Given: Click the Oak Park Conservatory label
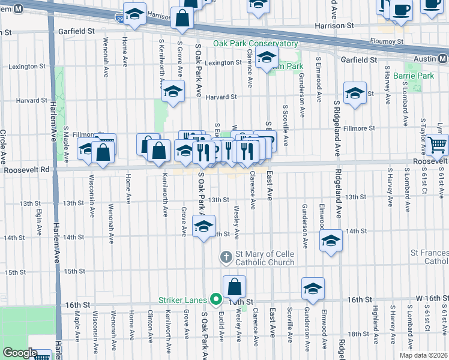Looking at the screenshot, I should pyautogui.click(x=255, y=44).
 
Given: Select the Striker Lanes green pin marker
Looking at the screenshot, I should pyautogui.click(x=215, y=300).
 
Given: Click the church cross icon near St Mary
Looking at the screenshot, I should pyautogui.click(x=226, y=257).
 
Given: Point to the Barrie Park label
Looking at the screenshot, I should pyautogui.click(x=414, y=76).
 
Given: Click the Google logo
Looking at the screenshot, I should pyautogui.click(x=19, y=353).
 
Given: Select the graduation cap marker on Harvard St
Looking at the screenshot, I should pyautogui.click(x=173, y=92).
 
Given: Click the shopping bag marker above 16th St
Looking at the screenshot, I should pyautogui.click(x=234, y=286).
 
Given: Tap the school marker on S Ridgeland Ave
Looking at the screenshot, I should pyautogui.click(x=355, y=92).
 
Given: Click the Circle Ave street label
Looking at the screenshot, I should pyautogui.click(x=3, y=147).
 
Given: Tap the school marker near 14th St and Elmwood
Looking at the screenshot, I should pyautogui.click(x=330, y=240).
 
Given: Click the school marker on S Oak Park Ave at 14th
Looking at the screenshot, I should pyautogui.click(x=203, y=226).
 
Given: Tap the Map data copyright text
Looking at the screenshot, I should pyautogui.click(x=423, y=354).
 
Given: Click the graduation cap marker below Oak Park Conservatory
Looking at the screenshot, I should pyautogui.click(x=265, y=58).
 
